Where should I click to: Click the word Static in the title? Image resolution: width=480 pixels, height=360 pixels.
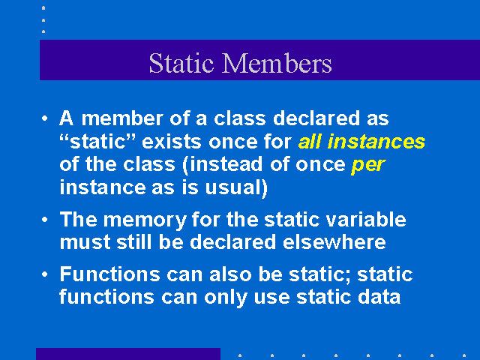click(181, 63)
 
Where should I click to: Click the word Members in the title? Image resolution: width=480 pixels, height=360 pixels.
click(277, 63)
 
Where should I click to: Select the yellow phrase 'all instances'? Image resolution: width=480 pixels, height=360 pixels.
click(361, 142)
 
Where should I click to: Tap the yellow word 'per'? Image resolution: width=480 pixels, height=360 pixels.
click(368, 166)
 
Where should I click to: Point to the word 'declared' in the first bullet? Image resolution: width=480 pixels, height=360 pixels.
click(316, 118)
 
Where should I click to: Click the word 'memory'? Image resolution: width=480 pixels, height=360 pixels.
click(145, 220)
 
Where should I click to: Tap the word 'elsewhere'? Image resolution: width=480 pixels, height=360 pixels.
click(334, 242)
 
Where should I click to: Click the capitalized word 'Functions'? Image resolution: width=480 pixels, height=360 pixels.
click(110, 274)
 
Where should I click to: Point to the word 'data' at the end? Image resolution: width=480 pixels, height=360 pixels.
click(379, 297)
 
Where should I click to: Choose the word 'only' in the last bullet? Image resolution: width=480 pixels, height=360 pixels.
click(225, 298)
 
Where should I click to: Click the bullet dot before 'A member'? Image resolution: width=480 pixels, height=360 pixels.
click(45, 118)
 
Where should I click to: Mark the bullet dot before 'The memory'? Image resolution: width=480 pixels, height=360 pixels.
click(45, 220)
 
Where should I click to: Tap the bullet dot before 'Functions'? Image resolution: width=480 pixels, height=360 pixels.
click(45, 274)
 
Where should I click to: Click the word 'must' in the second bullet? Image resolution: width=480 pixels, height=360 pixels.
click(85, 242)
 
